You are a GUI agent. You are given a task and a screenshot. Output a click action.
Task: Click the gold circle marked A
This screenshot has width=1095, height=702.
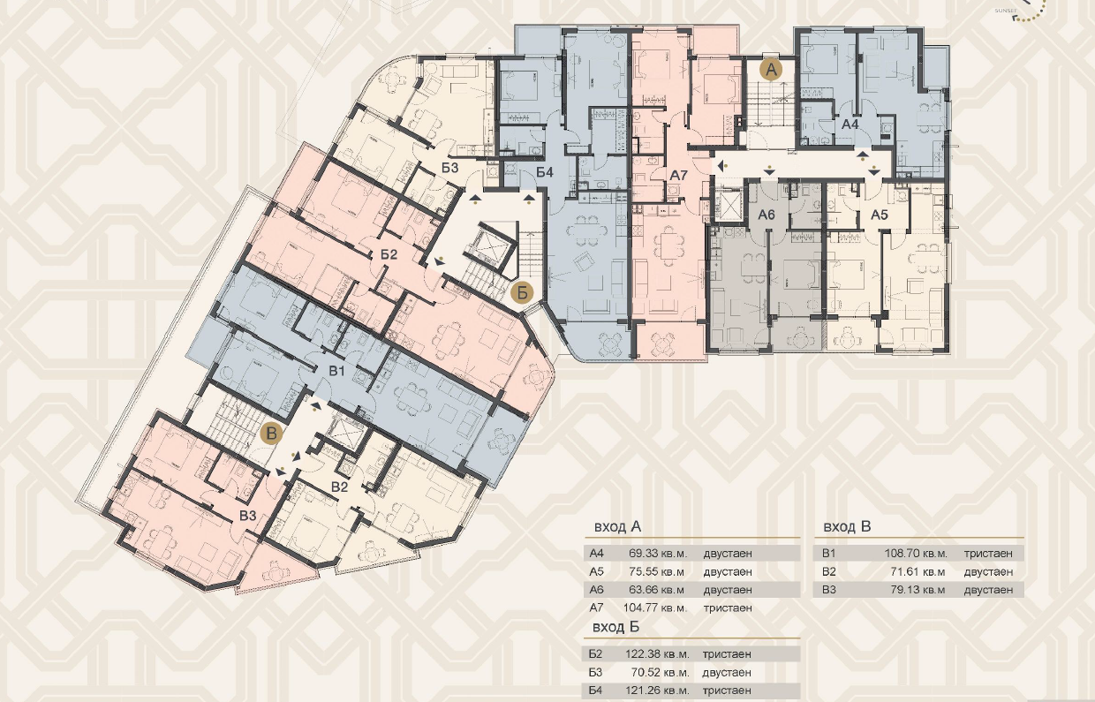point(771,70)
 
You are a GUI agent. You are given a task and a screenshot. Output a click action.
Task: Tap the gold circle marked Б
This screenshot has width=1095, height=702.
point(522,293)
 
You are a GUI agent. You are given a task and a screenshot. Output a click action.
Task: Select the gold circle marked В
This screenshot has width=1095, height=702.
point(271,434)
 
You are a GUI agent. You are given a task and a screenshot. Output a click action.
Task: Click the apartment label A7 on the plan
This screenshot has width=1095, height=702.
point(678,175)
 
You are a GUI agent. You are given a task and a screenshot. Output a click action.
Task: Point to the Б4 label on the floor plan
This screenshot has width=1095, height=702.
point(544,172)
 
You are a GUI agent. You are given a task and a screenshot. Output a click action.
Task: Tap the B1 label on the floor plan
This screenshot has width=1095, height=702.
point(336,371)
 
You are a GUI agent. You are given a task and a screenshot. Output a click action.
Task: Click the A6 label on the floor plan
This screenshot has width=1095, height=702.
point(766,214)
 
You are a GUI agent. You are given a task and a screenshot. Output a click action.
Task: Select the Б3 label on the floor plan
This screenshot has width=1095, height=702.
point(449,168)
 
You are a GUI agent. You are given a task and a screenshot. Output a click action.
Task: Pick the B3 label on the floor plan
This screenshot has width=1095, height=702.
point(248,516)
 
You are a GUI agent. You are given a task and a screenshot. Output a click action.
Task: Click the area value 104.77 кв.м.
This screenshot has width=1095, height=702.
point(655,608)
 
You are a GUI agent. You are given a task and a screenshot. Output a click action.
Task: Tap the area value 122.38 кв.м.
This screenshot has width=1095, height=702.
point(657,653)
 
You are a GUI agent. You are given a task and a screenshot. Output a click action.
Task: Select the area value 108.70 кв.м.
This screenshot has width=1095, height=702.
point(916,554)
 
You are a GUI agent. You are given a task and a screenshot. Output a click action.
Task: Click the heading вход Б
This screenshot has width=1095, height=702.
point(616,627)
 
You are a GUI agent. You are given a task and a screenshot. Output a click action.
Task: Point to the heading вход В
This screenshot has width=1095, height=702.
point(847,526)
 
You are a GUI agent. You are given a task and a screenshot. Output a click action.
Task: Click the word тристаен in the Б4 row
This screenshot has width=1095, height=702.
point(727,691)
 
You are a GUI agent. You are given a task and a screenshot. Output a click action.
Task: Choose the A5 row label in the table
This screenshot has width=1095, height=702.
point(596,571)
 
